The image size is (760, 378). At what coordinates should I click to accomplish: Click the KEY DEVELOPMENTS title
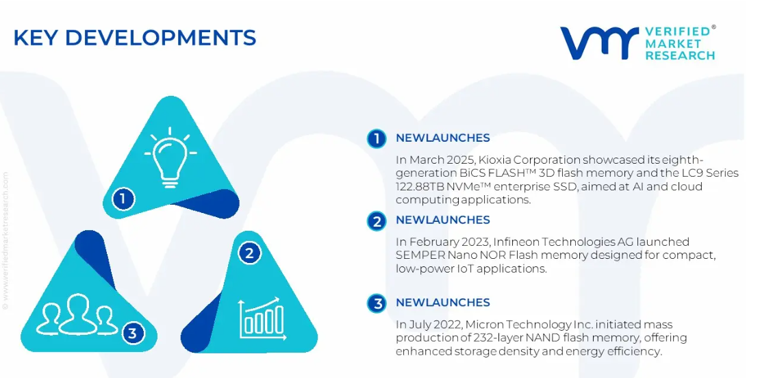pos(135,38)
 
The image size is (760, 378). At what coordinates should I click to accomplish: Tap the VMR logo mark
pos(600,42)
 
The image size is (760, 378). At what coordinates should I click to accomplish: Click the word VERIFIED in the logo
pos(677,32)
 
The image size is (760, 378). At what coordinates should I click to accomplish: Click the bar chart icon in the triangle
pos(260,318)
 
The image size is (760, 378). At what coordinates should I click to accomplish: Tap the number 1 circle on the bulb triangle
pos(123,199)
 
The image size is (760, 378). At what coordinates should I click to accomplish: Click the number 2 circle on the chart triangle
pos(250,253)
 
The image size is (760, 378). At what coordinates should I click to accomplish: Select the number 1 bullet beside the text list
pos(377,138)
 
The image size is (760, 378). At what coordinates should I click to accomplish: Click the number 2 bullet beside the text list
pos(377,221)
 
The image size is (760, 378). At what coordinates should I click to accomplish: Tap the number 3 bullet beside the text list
pos(377,303)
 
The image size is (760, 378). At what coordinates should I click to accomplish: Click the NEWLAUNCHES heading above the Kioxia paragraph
pos(443,138)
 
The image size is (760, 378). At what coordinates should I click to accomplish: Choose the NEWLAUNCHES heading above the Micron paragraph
pos(443,303)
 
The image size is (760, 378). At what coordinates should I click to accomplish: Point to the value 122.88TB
pos(419,186)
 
